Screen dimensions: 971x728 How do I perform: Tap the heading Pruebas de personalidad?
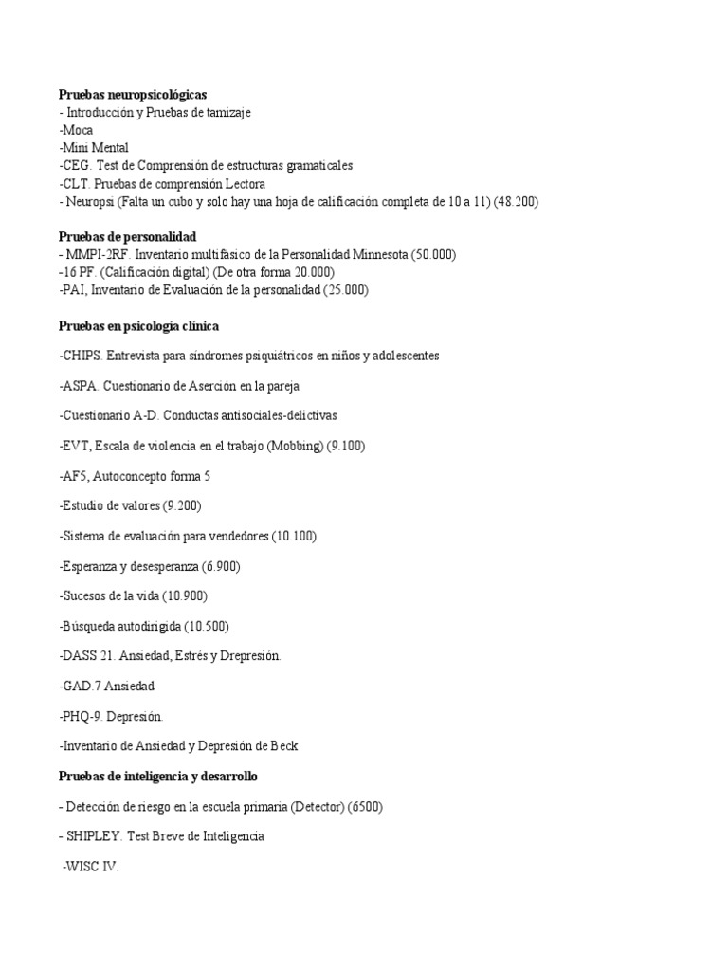pos(127,236)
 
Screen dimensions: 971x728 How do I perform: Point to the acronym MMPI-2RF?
pos(98,254)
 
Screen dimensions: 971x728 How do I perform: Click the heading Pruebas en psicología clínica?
pos(138,326)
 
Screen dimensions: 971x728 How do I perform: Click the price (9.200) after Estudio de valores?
pos(182,505)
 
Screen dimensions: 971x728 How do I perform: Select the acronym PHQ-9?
pos(81,716)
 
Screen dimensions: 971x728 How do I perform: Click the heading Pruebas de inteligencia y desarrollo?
pos(157,777)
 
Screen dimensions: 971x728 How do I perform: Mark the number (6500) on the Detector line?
pos(365,806)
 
